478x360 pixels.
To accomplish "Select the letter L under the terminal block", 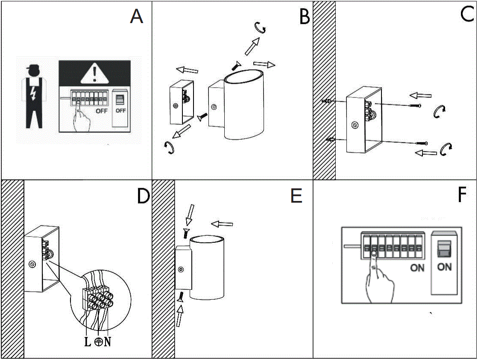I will (x=88, y=342).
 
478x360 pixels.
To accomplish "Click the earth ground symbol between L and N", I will (x=98, y=342).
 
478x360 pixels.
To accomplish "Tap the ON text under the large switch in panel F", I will (x=444, y=267).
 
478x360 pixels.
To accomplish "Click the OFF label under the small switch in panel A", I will (x=121, y=111).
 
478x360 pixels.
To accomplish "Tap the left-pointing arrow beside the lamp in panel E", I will (x=222, y=224).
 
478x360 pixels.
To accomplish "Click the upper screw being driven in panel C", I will (x=414, y=106).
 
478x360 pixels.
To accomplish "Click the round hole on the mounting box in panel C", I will (x=354, y=125).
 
